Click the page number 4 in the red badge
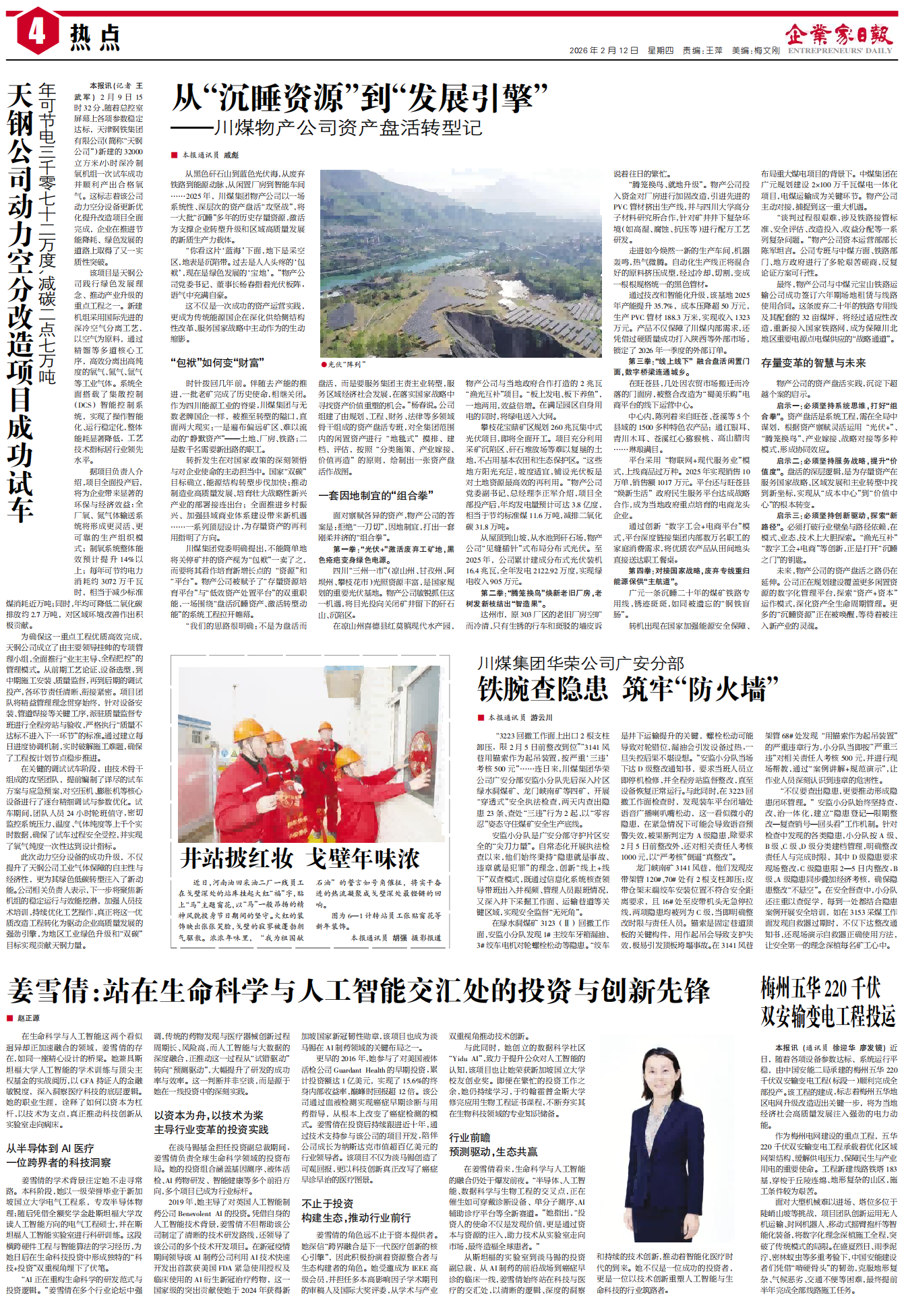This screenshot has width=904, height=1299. (36, 30)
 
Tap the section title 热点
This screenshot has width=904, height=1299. (95, 37)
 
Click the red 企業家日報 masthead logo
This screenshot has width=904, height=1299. (839, 34)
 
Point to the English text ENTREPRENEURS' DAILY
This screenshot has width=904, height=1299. (840, 51)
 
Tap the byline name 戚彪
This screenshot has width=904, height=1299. (231, 155)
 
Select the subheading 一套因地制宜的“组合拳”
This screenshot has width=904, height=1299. (375, 495)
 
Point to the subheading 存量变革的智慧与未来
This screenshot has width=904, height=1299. (813, 362)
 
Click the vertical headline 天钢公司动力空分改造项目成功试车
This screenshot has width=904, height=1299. (20, 303)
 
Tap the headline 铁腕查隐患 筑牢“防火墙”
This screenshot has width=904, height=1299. (627, 689)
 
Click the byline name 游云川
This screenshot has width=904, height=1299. (541, 718)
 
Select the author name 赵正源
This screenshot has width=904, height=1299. (28, 1018)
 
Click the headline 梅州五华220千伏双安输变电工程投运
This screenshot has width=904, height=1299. (828, 1002)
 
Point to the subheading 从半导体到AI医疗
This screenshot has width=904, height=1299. (51, 1148)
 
